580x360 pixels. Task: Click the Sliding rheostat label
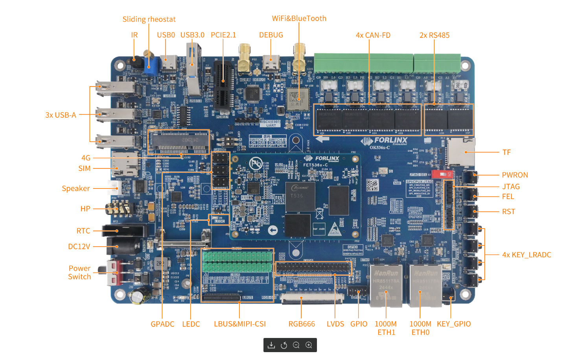149,19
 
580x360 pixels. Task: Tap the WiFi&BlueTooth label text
299,18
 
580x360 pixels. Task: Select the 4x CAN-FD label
373,35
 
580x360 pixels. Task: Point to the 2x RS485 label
434,35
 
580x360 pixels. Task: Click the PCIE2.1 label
223,35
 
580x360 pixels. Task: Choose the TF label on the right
506,152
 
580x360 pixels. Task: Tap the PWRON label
515,175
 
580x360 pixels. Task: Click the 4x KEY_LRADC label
527,255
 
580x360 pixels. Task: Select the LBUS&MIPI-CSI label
240,324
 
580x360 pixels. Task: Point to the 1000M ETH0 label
420,328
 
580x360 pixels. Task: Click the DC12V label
79,247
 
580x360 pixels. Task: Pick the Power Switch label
79,272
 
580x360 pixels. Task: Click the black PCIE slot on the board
223,85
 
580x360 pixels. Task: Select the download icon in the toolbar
271,345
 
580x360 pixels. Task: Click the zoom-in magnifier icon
309,345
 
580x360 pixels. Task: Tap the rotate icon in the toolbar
284,345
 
